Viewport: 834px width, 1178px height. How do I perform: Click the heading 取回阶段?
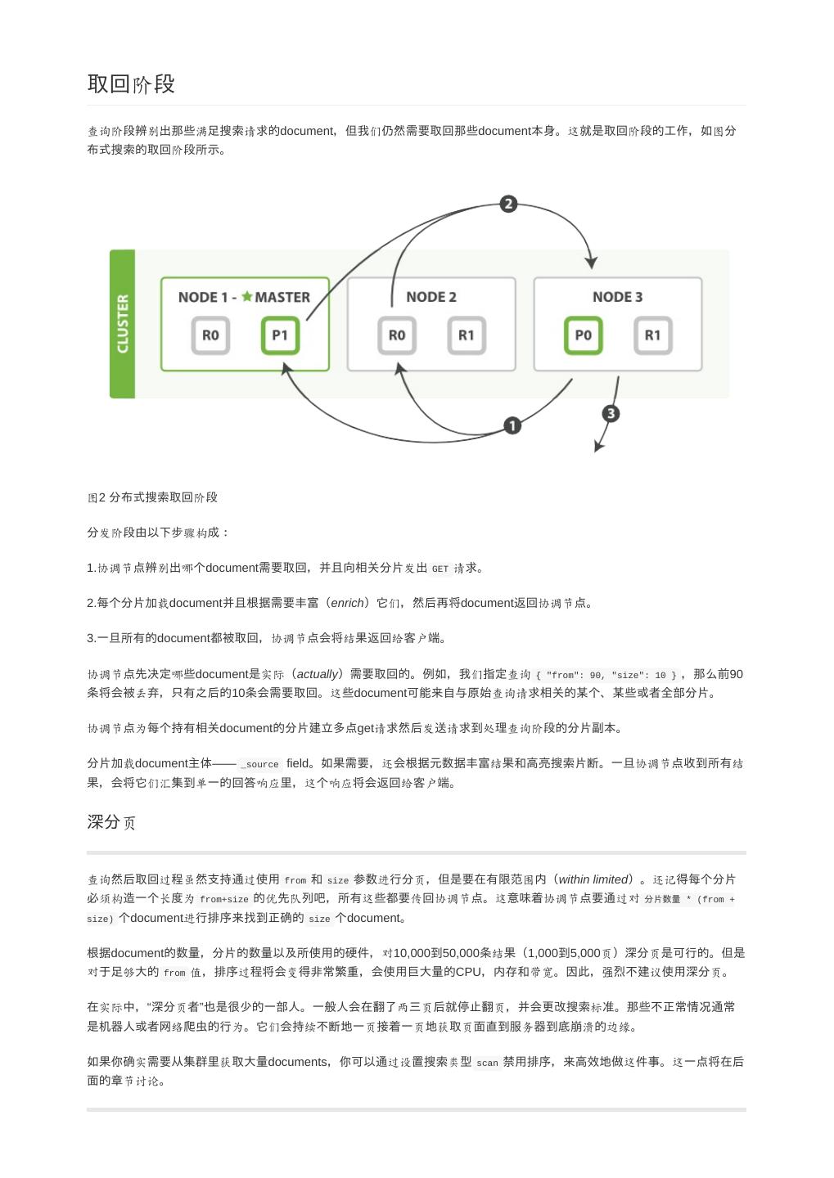[131, 83]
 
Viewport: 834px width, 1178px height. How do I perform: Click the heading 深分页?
[111, 822]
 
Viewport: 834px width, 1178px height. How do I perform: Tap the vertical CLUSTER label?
[123, 324]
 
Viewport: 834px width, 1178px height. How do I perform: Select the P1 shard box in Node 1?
[280, 335]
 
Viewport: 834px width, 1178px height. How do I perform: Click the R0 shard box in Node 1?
[210, 335]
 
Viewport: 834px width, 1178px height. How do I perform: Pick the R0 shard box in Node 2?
[397, 335]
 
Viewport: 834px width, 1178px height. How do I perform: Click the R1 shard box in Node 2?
[467, 335]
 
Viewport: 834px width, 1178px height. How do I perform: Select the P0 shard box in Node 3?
[583, 335]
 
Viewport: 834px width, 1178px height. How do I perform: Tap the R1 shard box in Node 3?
[652, 335]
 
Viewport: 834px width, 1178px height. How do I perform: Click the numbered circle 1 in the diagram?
[512, 425]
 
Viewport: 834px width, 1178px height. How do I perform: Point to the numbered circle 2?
[508, 204]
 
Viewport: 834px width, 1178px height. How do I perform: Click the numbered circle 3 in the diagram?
[611, 413]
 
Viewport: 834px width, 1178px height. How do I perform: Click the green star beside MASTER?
[246, 296]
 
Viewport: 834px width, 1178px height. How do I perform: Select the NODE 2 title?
[431, 297]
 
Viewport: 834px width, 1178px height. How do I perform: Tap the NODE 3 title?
[617, 297]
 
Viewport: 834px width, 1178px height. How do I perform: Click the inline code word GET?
[440, 569]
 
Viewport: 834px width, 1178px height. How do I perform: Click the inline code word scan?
[487, 1063]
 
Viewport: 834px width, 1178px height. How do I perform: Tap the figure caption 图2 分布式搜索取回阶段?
[152, 497]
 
